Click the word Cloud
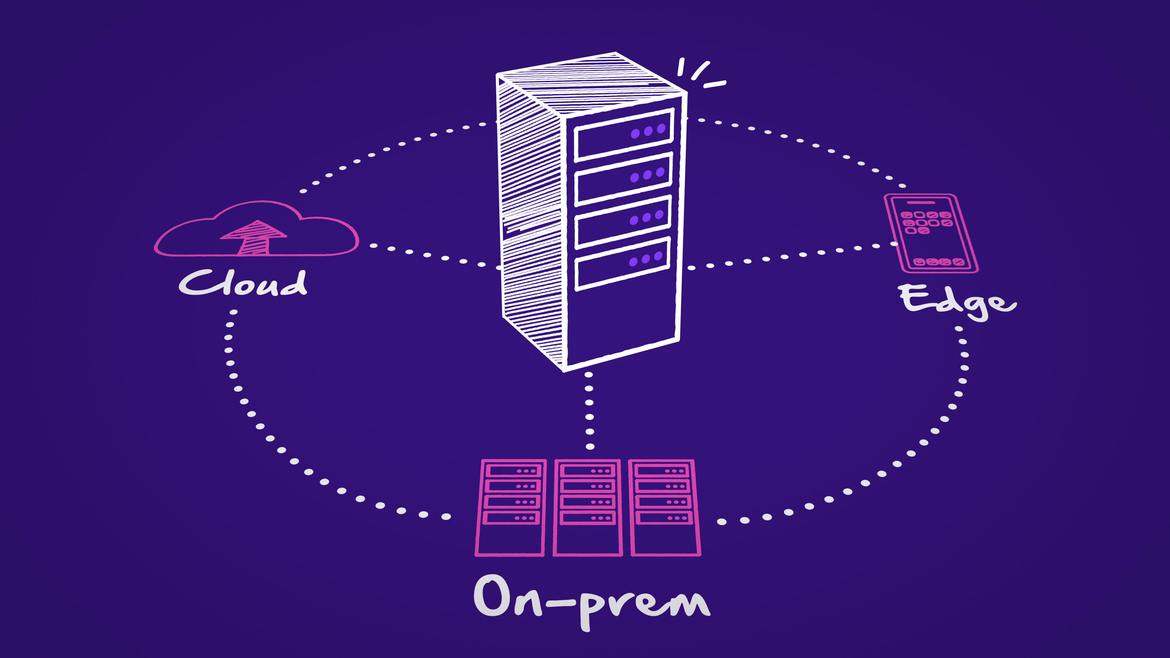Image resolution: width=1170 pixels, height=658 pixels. coord(243,283)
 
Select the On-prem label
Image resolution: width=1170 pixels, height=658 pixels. coord(590,599)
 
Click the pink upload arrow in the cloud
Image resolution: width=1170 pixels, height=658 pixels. coord(254,236)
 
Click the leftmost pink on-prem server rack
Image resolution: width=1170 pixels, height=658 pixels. coord(511,508)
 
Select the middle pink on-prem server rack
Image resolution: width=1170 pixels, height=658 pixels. coord(588,508)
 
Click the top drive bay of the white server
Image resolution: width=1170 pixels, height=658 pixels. coord(623,135)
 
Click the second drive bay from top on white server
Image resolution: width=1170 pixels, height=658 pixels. coord(623,179)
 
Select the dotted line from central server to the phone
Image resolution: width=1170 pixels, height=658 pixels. coord(792,256)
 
